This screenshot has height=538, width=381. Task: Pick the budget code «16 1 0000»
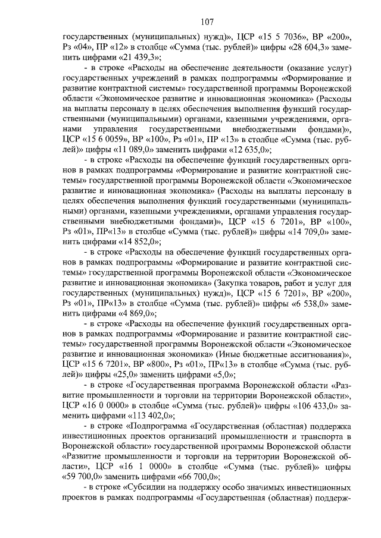click(x=135, y=465)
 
